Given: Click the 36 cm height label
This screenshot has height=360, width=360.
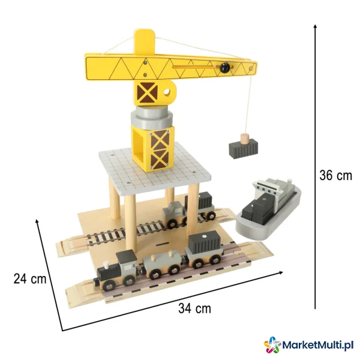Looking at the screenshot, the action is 335,176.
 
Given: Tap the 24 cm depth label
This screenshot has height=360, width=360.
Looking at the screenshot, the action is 30,279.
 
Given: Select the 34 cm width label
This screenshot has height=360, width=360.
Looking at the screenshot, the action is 194,308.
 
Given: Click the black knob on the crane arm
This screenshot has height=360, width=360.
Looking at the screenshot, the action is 225,67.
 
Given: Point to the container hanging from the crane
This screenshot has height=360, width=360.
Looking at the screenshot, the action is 244,148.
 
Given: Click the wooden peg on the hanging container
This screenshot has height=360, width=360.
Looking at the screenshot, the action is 245,139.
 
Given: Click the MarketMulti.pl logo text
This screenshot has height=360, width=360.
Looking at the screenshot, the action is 317,345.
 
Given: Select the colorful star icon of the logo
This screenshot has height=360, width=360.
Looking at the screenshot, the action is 272,344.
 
